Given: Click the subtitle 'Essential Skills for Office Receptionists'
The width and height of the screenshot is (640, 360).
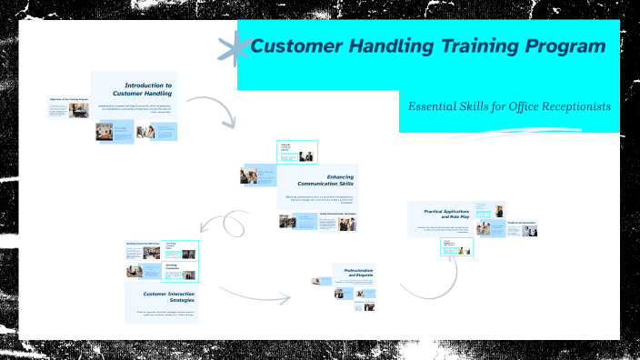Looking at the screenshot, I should click(508, 106).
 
